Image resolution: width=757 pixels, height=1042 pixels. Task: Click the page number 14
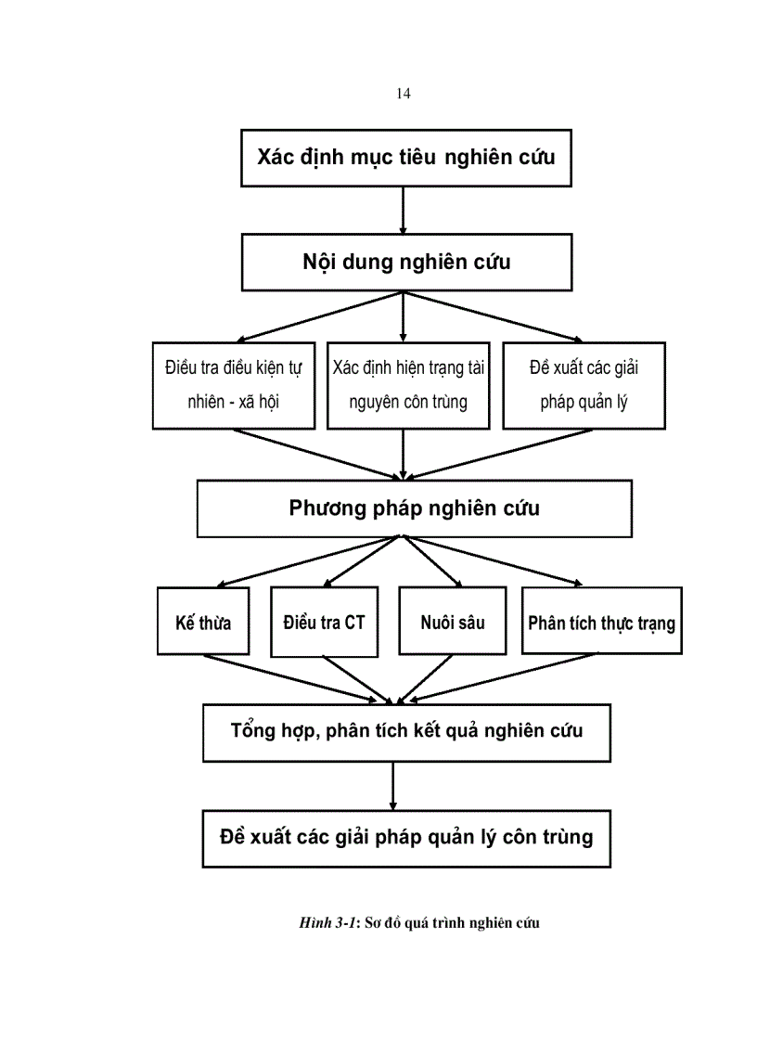pyautogui.click(x=403, y=94)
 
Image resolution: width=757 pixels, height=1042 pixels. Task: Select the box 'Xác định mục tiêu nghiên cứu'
pyautogui.click(x=405, y=157)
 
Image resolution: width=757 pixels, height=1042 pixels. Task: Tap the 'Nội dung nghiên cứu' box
pyautogui.click(x=405, y=263)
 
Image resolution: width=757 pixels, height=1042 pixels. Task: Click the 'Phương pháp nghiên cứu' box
pyautogui.click(x=415, y=509)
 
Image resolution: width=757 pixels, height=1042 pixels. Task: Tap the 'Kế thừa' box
pyautogui.click(x=203, y=622)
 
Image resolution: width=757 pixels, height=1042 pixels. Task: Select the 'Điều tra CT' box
pyautogui.click(x=324, y=620)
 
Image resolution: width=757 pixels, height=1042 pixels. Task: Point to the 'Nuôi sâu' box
pyautogui.click(x=452, y=620)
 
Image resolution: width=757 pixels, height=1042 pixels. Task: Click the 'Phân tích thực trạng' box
pyautogui.click(x=601, y=621)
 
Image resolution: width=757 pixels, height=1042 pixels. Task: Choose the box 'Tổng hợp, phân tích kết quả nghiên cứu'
pyautogui.click(x=406, y=732)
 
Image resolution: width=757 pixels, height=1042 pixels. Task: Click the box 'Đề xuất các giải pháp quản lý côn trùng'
pyautogui.click(x=406, y=838)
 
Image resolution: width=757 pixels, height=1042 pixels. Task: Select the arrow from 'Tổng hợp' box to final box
pyautogui.click(x=393, y=785)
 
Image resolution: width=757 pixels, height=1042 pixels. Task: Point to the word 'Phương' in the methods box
pyautogui.click(x=324, y=509)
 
